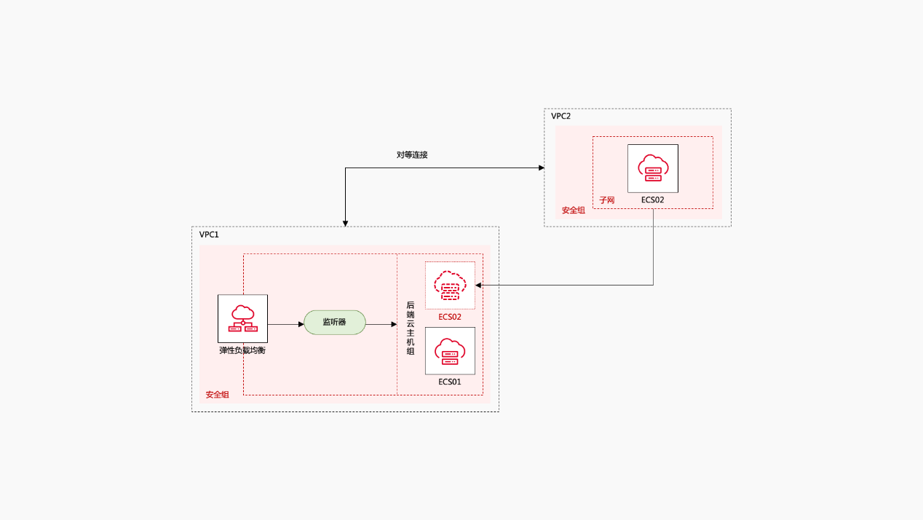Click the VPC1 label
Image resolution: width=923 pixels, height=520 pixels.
[209, 235]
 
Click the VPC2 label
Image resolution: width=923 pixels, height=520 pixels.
[560, 117]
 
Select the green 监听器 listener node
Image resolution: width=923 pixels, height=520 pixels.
[334, 322]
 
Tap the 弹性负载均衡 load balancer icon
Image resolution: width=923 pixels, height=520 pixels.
[242, 318]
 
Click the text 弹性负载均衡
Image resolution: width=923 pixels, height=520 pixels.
[242, 350]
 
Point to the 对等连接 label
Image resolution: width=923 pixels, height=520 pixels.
[412, 155]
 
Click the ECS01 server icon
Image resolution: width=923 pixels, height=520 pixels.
[450, 351]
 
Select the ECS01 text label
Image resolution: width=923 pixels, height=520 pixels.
[450, 382]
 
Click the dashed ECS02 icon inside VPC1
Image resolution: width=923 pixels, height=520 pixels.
[450, 285]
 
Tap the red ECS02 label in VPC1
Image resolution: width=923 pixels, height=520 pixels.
[450, 317]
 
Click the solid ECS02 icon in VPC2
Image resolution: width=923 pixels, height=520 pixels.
[653, 168]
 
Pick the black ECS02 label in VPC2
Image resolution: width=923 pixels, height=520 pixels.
[653, 199]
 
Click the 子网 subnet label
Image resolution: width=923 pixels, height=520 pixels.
[606, 200]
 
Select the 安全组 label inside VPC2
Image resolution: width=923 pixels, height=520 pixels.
[573, 210]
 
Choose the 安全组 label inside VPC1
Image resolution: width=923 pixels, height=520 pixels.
[217, 395]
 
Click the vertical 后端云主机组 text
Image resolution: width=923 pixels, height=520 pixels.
[411, 328]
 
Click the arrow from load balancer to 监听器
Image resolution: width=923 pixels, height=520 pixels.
[285, 323]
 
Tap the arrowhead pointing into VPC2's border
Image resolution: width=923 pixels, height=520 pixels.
[541, 168]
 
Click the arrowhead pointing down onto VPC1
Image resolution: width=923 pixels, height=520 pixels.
[345, 223]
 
